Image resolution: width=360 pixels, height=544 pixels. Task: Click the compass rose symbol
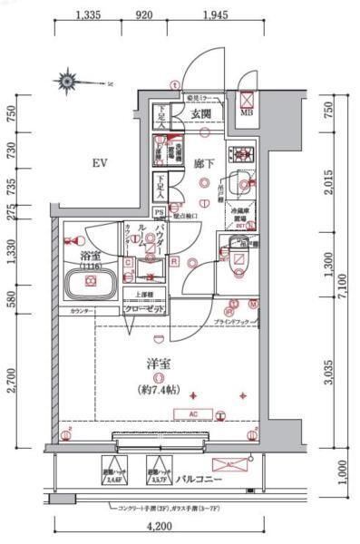pyautogui.click(x=69, y=82)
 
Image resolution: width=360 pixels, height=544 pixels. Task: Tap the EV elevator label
pyautogui.click(x=100, y=163)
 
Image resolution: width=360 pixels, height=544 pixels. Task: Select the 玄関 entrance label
pyautogui.click(x=200, y=115)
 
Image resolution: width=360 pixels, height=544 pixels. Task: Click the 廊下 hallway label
pyautogui.click(x=203, y=163)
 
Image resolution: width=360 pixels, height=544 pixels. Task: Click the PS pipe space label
pyautogui.click(x=160, y=213)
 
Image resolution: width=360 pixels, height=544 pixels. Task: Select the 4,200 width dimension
pyautogui.click(x=161, y=526)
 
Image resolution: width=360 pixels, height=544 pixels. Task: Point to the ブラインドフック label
pyautogui.click(x=233, y=323)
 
